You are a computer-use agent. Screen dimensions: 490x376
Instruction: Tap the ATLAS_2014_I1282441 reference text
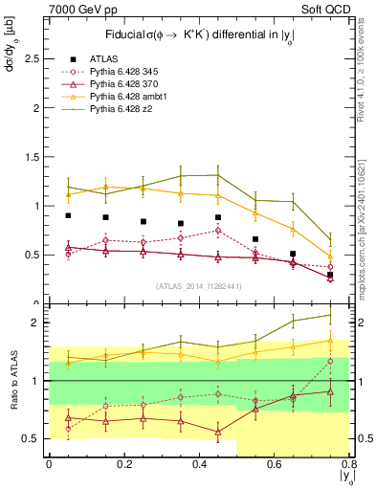tap(198, 286)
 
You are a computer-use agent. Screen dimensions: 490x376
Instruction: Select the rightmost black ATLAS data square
tap(330, 275)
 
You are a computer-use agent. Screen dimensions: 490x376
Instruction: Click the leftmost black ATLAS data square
tap(68, 216)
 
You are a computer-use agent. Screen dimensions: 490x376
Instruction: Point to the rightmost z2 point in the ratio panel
tap(330, 315)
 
